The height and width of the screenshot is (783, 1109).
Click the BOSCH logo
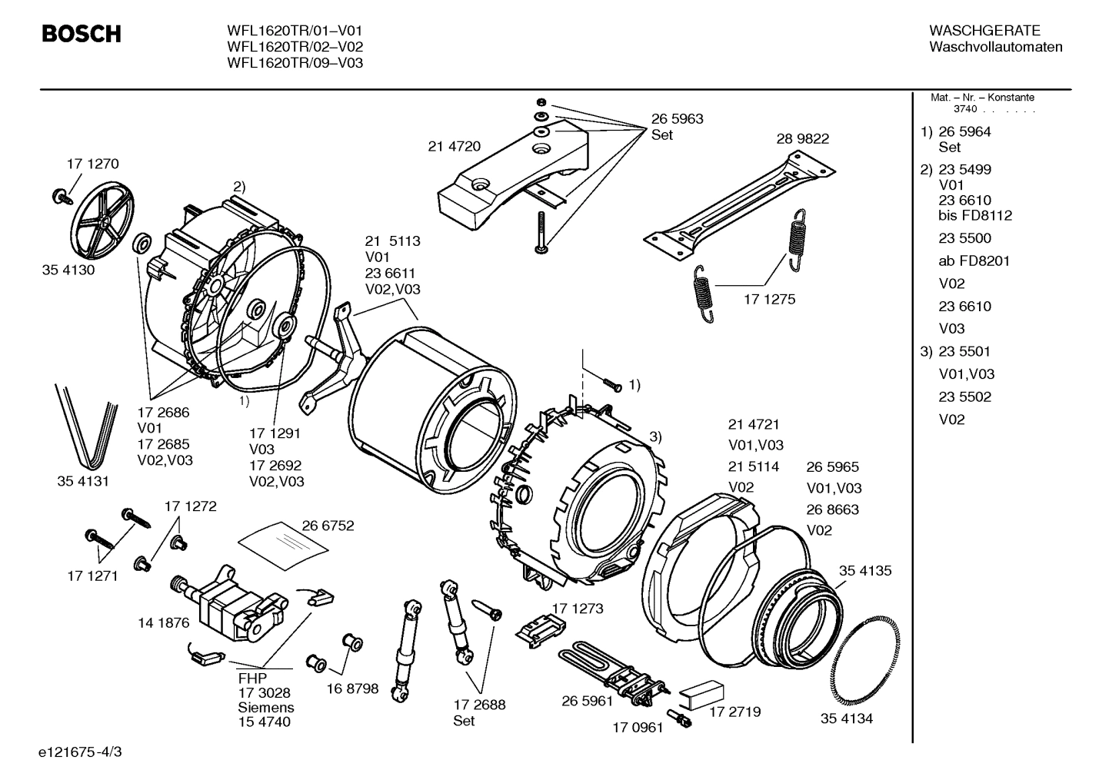pos(81,34)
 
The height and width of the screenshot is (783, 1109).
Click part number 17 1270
pos(92,164)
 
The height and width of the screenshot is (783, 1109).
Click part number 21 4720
pos(454,146)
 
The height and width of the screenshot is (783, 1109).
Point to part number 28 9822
pos(802,139)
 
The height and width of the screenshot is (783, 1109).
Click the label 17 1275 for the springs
pos(769,299)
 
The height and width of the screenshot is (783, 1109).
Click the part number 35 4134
pos(846,718)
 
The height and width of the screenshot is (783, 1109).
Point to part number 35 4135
pos(865,571)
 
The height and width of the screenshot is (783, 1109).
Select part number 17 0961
pos(638,727)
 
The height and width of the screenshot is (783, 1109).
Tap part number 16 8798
pos(352,688)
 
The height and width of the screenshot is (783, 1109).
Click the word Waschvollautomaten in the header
pos(995,47)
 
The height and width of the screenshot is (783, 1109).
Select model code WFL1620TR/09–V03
pos(295,63)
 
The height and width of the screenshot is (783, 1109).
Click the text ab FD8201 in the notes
pos(974,260)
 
